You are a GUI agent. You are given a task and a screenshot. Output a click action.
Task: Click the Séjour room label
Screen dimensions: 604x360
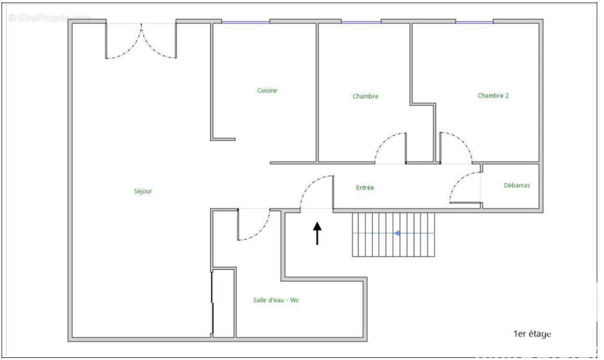coord(143,191)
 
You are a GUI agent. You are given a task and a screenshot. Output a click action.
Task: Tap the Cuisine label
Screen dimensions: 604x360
coord(267,91)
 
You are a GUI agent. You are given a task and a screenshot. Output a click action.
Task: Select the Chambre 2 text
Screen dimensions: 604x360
coord(493,95)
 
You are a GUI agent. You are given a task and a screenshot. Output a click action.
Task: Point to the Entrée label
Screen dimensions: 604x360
coord(365,188)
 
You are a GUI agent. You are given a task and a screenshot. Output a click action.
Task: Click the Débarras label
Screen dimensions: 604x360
coord(516,185)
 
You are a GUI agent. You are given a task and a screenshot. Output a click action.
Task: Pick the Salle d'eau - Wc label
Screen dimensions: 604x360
coord(276,300)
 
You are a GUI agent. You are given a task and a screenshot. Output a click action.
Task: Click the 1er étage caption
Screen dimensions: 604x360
coord(532,334)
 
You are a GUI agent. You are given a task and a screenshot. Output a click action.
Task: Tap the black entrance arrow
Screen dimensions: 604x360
coord(317,233)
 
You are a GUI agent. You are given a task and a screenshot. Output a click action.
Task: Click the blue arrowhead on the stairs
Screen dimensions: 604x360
coord(397,233)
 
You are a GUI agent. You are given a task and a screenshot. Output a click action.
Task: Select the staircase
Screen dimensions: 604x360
coord(393,234)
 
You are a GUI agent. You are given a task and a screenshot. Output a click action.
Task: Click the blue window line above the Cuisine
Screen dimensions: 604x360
coord(245,22)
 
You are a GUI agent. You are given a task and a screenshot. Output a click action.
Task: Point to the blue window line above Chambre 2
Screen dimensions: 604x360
coord(474,22)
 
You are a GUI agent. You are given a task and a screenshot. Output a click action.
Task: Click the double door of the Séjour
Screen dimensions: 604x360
coord(141,42)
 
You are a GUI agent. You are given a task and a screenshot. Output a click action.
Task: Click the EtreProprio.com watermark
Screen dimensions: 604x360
coord(50,18)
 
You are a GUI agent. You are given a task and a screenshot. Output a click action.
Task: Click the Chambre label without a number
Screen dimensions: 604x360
coord(365,96)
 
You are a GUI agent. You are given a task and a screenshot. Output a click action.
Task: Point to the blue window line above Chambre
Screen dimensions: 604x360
coord(361,22)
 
